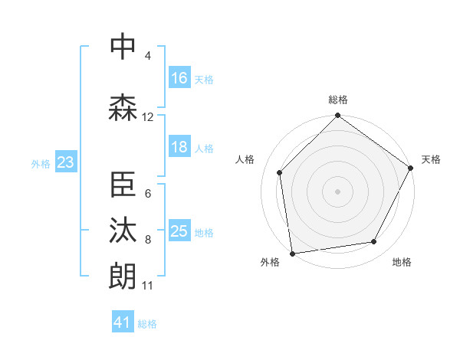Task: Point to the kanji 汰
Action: click(x=123, y=231)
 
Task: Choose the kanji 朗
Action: click(x=123, y=275)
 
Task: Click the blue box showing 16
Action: click(x=179, y=77)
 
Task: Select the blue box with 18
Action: click(x=179, y=147)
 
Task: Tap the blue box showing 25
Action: click(x=179, y=231)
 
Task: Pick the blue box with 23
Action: click(x=65, y=162)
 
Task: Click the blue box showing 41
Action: click(x=123, y=322)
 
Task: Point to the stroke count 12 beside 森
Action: click(x=148, y=117)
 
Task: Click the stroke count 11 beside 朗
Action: click(x=148, y=286)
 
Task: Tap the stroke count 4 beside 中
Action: click(x=148, y=55)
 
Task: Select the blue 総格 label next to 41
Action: click(x=147, y=324)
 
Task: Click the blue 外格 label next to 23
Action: click(x=41, y=163)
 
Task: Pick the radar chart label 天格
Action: click(x=431, y=159)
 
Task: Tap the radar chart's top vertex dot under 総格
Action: click(x=337, y=116)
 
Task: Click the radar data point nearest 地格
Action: click(x=374, y=241)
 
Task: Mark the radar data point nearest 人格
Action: click(x=280, y=172)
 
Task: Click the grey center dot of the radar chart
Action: click(x=337, y=191)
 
